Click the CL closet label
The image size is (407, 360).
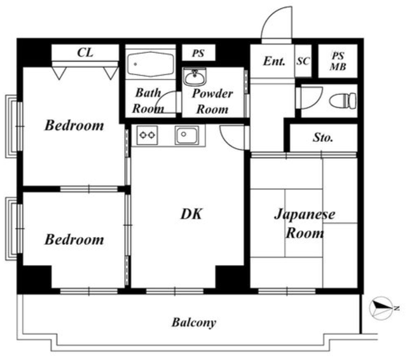[x=85, y=53]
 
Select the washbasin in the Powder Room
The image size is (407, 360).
[x=195, y=77]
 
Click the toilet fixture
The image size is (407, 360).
[x=343, y=100]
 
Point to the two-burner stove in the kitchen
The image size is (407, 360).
[x=147, y=135]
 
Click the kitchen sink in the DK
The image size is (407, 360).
[x=187, y=135]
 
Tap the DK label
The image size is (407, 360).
[x=191, y=214]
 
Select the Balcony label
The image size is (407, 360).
[x=194, y=322]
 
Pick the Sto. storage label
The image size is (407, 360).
[x=323, y=137]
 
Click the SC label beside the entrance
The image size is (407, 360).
[x=303, y=61]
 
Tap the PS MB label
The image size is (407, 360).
[x=338, y=62]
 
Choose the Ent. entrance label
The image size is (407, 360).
[x=274, y=61]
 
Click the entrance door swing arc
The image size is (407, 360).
[x=270, y=15]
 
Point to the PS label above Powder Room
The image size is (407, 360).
[x=198, y=53]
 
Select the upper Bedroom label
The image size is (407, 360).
[x=74, y=125]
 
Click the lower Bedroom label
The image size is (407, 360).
[x=74, y=240]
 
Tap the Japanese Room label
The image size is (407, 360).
[x=305, y=223]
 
